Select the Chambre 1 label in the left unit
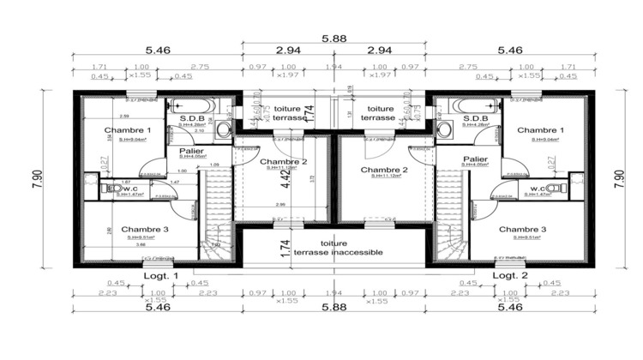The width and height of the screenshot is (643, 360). pyautogui.click(x=128, y=129)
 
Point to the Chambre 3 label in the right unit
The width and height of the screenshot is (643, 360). pyautogui.click(x=521, y=230)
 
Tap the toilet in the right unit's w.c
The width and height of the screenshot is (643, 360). pyautogui.click(x=558, y=189)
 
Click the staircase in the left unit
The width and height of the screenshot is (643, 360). pyautogui.click(x=217, y=210)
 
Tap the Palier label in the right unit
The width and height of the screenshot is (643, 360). pyautogui.click(x=476, y=159)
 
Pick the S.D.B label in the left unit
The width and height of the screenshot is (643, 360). pyautogui.click(x=191, y=119)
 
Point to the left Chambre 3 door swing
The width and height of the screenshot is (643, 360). pyautogui.click(x=178, y=203)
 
